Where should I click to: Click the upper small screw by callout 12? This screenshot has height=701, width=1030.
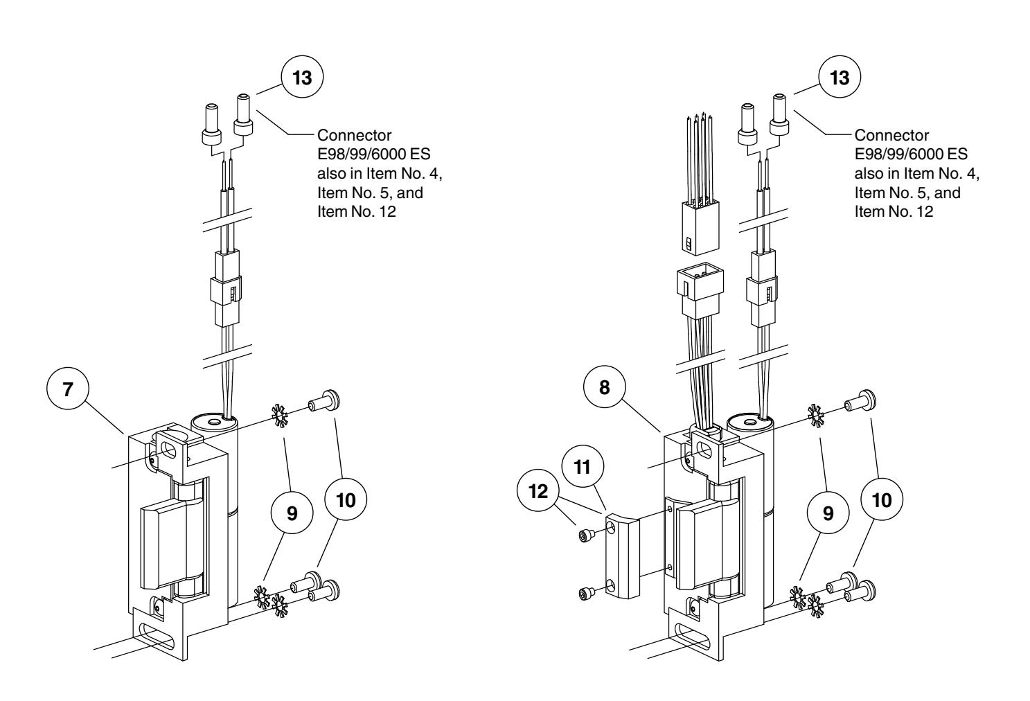585,534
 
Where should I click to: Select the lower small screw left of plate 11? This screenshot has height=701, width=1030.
586,593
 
